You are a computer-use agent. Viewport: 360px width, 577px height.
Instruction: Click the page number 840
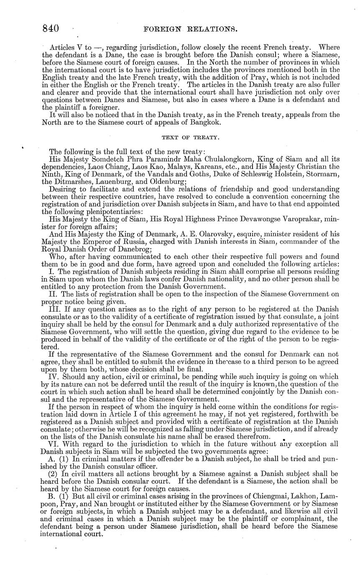tap(50, 28)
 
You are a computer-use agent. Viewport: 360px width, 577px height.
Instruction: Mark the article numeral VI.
tap(54, 437)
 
